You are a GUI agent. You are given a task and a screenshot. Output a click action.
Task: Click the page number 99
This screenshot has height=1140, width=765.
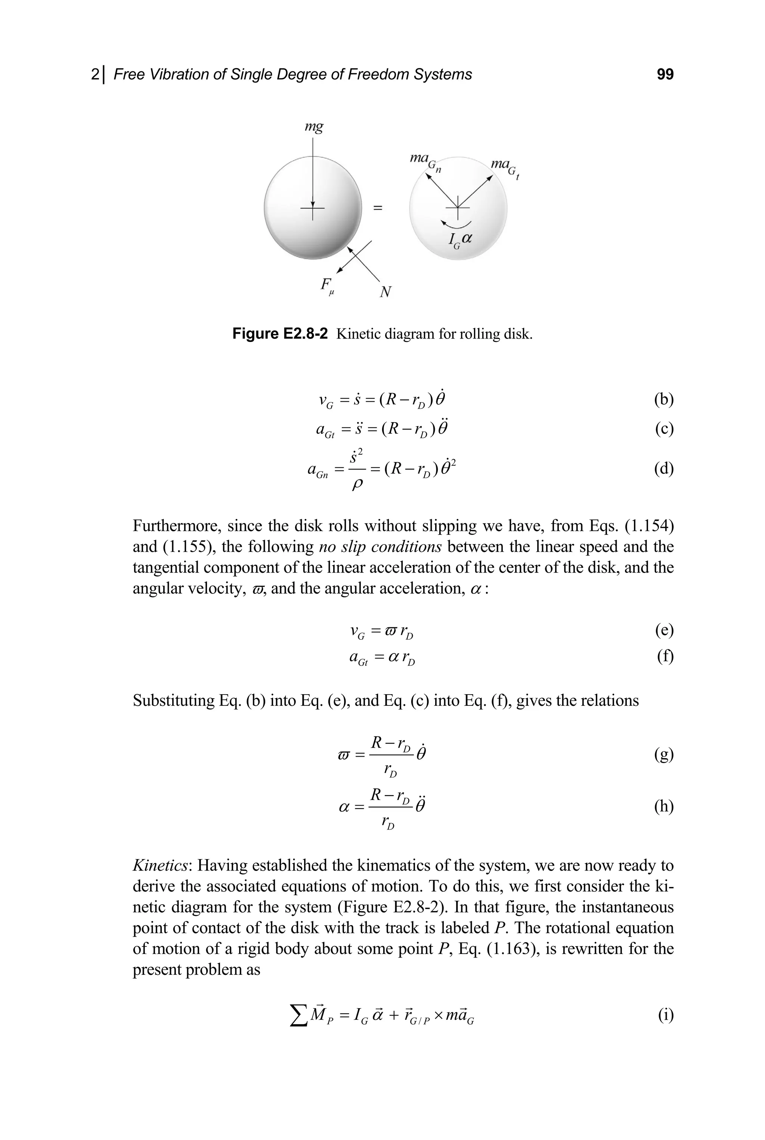click(665, 74)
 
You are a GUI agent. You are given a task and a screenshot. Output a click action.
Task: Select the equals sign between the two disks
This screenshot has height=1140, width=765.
click(378, 208)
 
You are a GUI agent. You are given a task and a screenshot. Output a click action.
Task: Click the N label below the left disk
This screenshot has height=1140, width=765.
click(385, 292)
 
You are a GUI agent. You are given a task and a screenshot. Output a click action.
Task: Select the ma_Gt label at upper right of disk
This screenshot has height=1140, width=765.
click(505, 167)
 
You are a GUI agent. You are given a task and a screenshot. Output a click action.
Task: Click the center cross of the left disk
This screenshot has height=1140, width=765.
click(313, 208)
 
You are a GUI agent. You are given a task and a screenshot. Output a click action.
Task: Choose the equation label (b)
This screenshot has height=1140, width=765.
click(663, 399)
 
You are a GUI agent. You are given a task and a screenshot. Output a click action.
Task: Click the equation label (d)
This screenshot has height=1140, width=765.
click(663, 469)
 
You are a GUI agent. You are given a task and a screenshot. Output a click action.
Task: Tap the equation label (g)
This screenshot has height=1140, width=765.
click(663, 754)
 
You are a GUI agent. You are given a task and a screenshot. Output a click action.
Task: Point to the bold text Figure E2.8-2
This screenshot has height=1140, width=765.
click(280, 334)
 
